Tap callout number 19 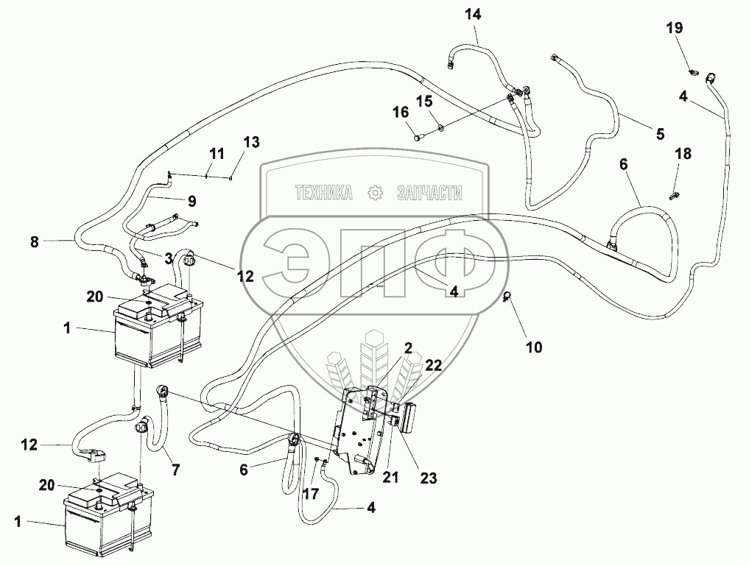pyautogui.click(x=675, y=28)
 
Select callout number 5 pyautogui.click(x=659, y=133)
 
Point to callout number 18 pyautogui.click(x=683, y=153)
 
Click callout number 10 pyautogui.click(x=533, y=347)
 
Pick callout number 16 pyautogui.click(x=400, y=113)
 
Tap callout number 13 pyautogui.click(x=252, y=142)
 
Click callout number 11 pyautogui.click(x=217, y=154)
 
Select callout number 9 pyautogui.click(x=191, y=199)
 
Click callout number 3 pyautogui.click(x=169, y=258)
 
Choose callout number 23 pyautogui.click(x=428, y=478)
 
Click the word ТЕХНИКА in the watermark pyautogui.click(x=323, y=194)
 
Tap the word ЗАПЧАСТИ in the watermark pyautogui.click(x=429, y=194)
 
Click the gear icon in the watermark pyautogui.click(x=376, y=194)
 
